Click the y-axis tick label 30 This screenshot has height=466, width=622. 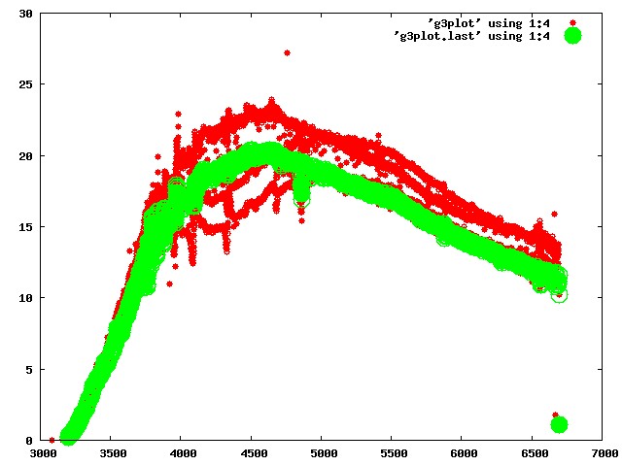[x=26, y=14]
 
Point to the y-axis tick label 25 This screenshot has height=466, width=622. [x=26, y=84]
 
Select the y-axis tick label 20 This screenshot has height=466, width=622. [x=26, y=155]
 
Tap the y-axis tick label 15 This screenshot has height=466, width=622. [x=26, y=226]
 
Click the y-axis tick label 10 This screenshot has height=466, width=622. [x=26, y=298]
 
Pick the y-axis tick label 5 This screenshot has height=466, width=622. [x=29, y=369]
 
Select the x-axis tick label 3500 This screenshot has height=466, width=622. [x=113, y=453]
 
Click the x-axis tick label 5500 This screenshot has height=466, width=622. [x=394, y=453]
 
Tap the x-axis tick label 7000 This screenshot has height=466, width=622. [x=605, y=453]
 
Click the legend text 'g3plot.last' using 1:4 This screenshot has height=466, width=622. [x=471, y=36]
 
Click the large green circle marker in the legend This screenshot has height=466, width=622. [x=572, y=36]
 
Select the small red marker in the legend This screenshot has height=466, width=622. [x=572, y=23]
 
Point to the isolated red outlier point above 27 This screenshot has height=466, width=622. [x=288, y=52]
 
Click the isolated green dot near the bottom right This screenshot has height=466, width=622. [x=559, y=424]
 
